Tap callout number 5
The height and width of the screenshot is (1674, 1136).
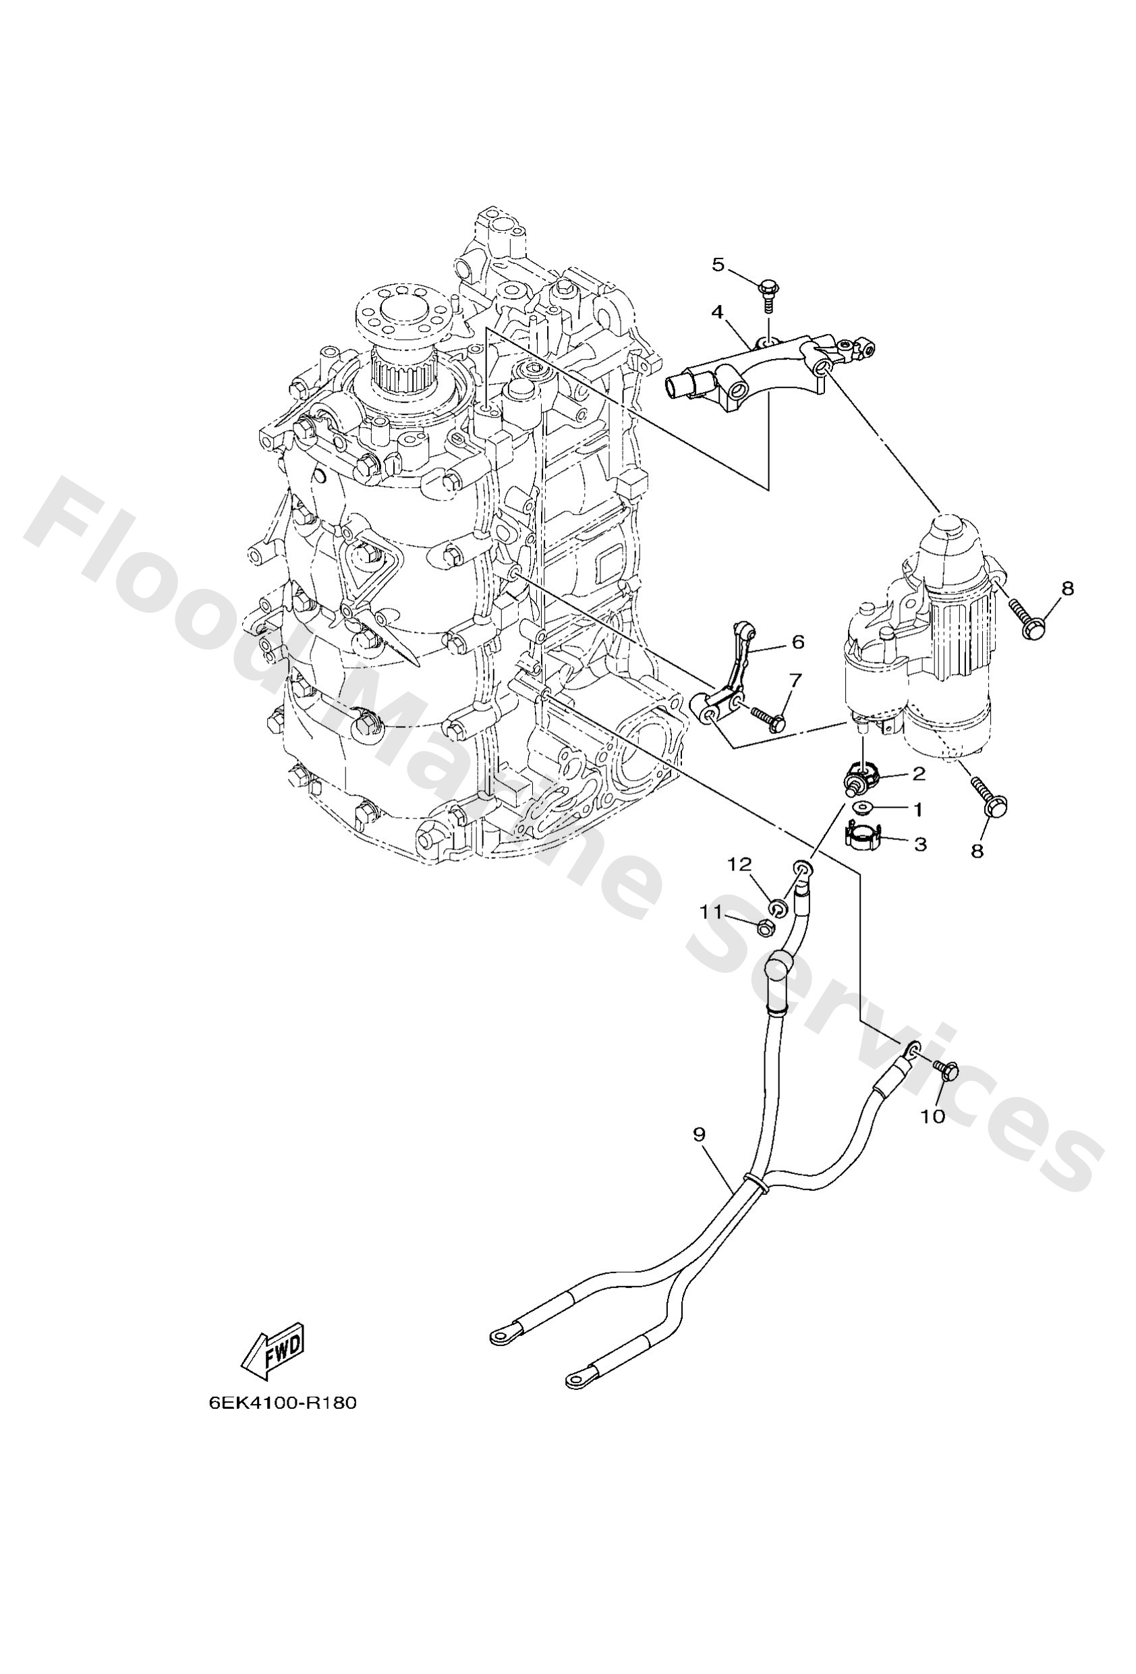pos(718,264)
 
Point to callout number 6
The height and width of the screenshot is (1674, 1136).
pos(797,641)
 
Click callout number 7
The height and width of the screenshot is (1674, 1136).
pos(795,679)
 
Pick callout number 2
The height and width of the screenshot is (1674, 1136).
pos(919,774)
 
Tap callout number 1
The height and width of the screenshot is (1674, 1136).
pos(917,810)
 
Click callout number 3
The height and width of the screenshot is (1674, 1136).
pos(920,843)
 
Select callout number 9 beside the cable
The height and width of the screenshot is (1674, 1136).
pos(699,1134)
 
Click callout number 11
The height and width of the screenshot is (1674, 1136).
pos(710,913)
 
